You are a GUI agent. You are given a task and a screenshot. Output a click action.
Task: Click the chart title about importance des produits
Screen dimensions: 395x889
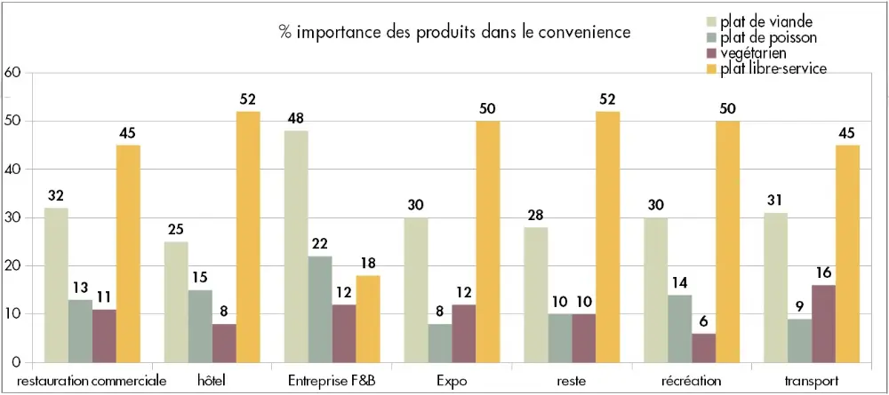click(x=454, y=32)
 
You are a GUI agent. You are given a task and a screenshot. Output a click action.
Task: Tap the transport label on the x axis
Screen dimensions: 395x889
click(x=811, y=381)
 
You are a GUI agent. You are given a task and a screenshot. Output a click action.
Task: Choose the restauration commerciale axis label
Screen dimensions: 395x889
click(x=92, y=381)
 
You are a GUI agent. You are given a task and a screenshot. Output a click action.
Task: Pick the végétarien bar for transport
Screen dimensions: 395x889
click(x=823, y=323)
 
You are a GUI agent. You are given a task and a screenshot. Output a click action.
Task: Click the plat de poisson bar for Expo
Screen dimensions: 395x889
click(x=440, y=343)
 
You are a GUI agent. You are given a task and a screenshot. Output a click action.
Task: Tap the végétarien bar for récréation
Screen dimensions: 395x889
click(x=703, y=347)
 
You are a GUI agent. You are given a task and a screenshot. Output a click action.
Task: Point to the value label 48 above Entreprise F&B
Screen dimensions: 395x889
click(x=296, y=117)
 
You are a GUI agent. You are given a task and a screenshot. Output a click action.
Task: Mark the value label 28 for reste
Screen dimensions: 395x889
click(x=536, y=214)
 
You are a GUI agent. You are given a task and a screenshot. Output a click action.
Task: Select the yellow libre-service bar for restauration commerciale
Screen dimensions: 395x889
click(x=128, y=254)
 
